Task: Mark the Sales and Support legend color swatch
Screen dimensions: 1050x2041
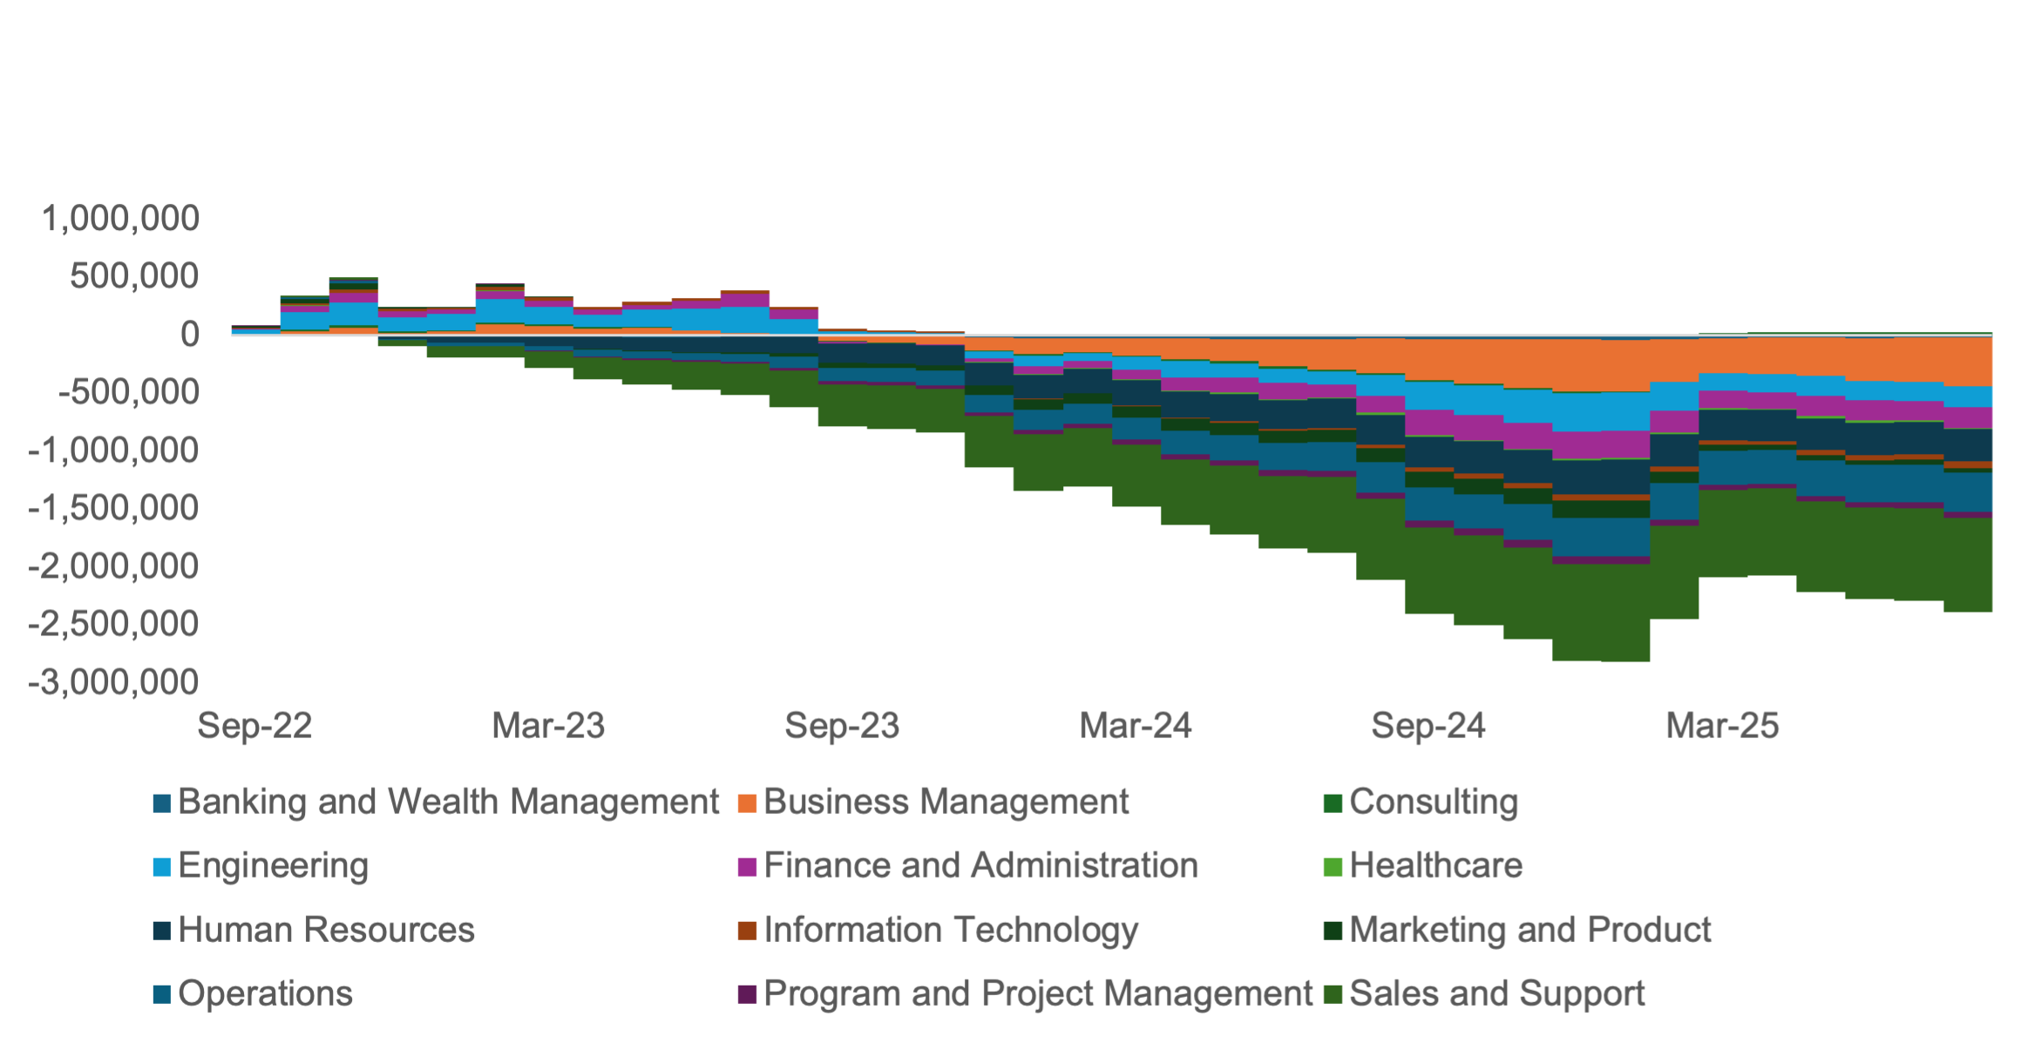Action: coord(1332,994)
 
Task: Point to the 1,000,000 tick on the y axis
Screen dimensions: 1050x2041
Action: coord(120,218)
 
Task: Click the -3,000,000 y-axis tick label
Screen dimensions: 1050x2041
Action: coord(114,682)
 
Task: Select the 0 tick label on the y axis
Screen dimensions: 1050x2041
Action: coord(189,334)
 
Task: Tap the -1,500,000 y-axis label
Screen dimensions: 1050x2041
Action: coord(114,508)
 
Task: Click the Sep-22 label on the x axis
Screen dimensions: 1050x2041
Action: coord(254,726)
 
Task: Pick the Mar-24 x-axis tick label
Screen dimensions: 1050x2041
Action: coord(1136,726)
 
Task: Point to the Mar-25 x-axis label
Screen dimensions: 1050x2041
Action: coord(1722,726)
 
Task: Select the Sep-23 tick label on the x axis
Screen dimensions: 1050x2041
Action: coord(842,726)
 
